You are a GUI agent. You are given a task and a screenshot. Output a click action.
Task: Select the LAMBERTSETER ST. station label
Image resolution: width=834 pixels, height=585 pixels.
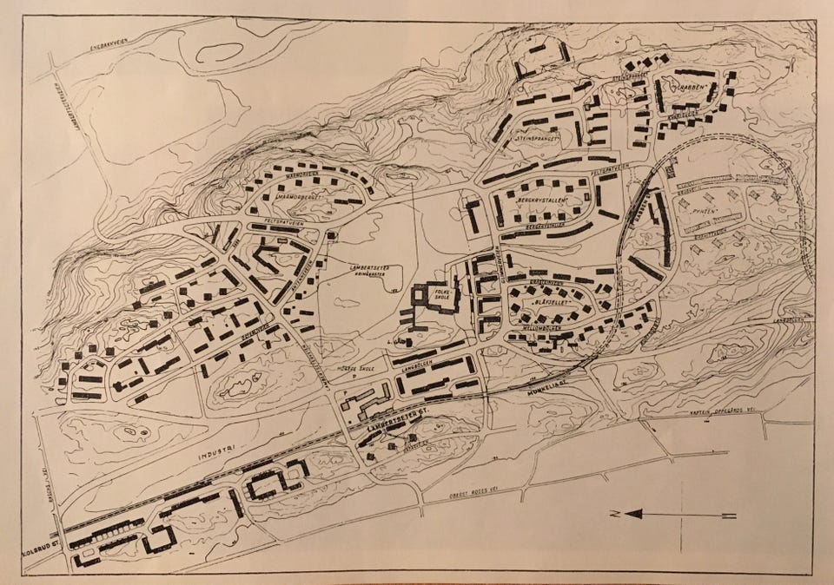[399, 419]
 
